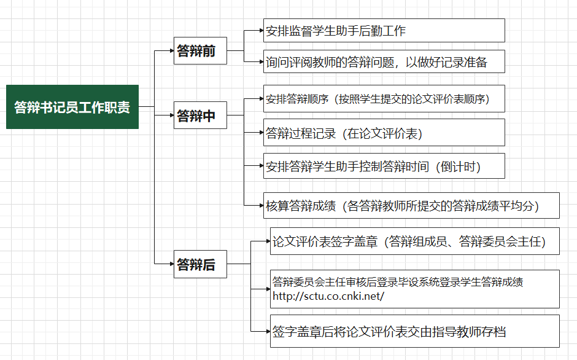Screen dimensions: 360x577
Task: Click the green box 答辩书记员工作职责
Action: pos(72,107)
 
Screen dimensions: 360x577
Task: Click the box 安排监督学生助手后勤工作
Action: pos(384,31)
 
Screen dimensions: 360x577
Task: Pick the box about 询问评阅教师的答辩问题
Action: pos(384,62)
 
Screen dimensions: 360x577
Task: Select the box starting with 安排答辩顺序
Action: pos(384,99)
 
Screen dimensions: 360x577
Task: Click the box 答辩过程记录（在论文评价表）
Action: pos(384,133)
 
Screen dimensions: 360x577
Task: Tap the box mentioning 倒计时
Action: pos(384,166)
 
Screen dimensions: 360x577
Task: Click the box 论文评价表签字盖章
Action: pos(415,241)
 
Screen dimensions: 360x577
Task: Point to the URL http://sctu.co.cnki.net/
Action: pos(328,296)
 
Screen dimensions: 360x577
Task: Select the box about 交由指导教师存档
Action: pos(415,332)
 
